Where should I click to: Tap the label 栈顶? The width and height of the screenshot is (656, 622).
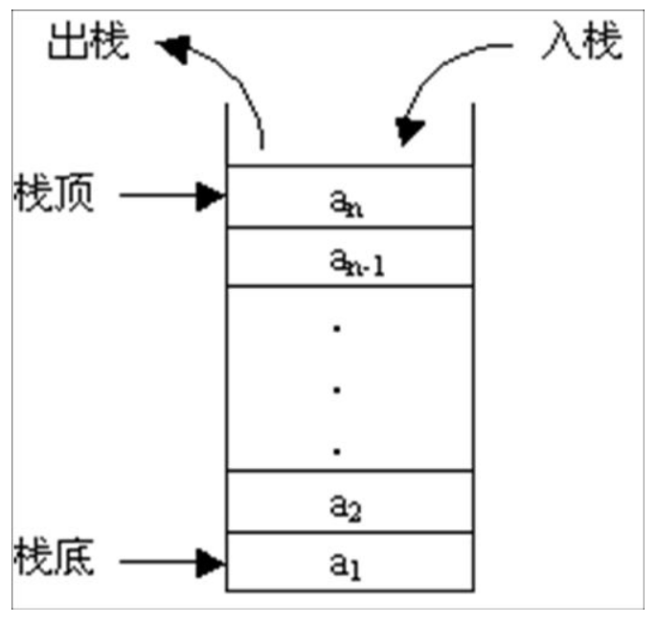coord(54,195)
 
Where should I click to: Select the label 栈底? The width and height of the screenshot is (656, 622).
coord(54,560)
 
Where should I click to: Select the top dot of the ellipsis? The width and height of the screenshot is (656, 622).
coord(337,329)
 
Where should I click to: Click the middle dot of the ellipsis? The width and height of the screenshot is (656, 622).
coord(337,389)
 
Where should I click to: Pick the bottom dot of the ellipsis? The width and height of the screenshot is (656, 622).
coord(337,449)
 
